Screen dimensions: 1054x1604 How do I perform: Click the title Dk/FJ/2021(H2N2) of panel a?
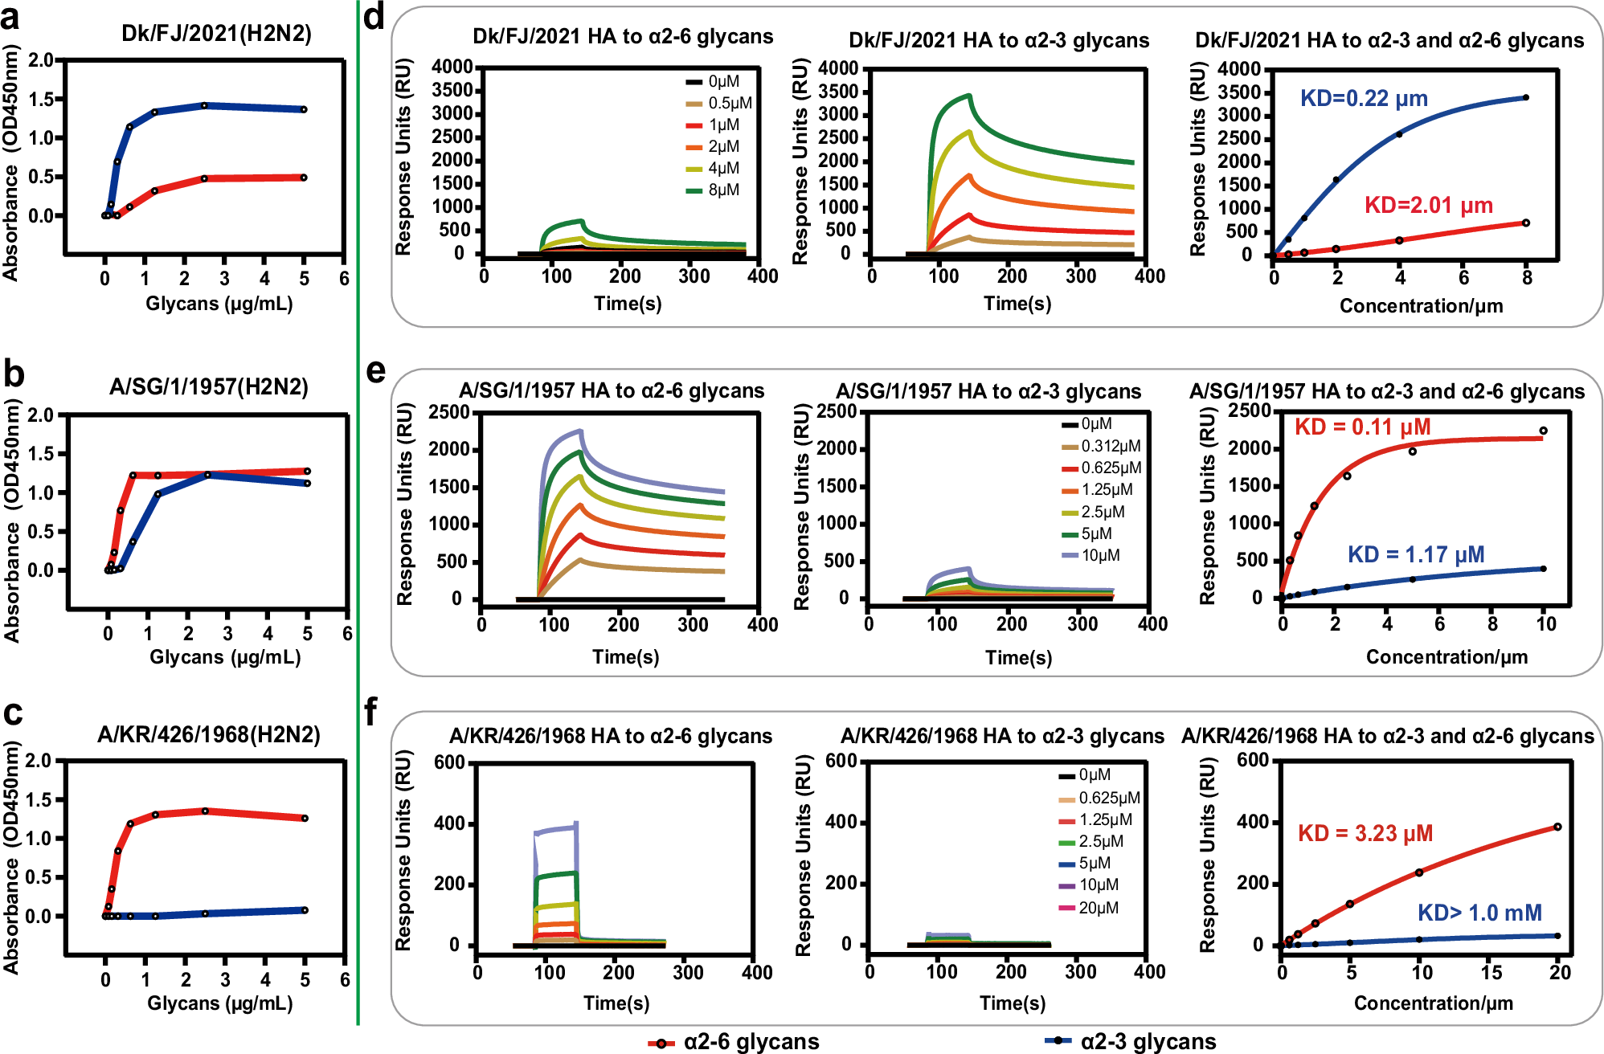[x=216, y=33]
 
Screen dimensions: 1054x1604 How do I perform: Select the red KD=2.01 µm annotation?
[x=1428, y=206]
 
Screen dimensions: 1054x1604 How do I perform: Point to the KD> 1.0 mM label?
[x=1479, y=913]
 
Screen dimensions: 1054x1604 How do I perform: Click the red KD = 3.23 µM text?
[x=1365, y=834]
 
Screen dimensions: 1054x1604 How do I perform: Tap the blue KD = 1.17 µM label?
[x=1415, y=555]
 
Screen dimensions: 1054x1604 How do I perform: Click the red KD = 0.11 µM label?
[x=1362, y=427]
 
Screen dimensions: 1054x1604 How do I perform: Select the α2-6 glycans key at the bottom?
[x=733, y=1042]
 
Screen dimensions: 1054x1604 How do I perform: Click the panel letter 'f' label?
[x=371, y=713]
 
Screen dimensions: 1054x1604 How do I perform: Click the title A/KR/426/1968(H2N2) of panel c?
[x=208, y=734]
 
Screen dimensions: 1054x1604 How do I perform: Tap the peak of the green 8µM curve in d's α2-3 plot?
[x=970, y=96]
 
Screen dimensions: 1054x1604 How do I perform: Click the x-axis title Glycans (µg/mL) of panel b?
[x=225, y=657]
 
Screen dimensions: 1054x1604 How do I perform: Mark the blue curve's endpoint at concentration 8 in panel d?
[x=1525, y=98]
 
